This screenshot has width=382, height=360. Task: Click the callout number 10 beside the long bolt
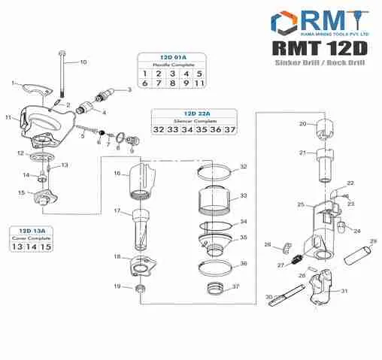[83, 62]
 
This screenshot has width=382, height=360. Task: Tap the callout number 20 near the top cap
[302, 124]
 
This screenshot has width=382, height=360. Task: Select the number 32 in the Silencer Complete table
[159, 130]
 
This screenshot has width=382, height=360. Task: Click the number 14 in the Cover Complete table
[32, 247]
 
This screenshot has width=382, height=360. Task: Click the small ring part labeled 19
[140, 289]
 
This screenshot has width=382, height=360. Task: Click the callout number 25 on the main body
[300, 204]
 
